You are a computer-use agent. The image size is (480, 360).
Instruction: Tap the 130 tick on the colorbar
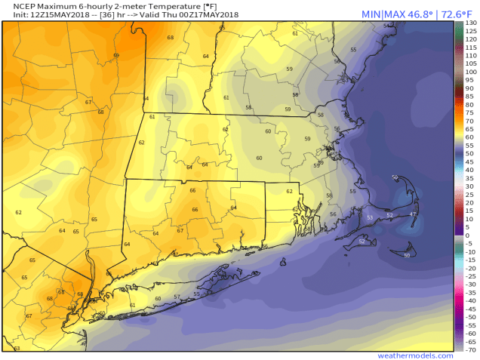[x=470, y=23]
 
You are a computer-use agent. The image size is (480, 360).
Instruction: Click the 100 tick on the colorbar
[x=470, y=73]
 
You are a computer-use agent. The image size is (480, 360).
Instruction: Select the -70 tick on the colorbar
[x=470, y=350]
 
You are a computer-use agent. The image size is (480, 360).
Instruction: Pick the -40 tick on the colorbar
[x=470, y=301]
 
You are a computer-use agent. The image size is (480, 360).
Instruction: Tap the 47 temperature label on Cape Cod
[x=412, y=214]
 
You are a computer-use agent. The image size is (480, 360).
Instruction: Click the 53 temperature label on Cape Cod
[x=370, y=217]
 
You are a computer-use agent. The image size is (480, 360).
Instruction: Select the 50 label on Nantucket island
[x=407, y=256]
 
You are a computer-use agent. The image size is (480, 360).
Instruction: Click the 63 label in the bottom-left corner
[x=17, y=348]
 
